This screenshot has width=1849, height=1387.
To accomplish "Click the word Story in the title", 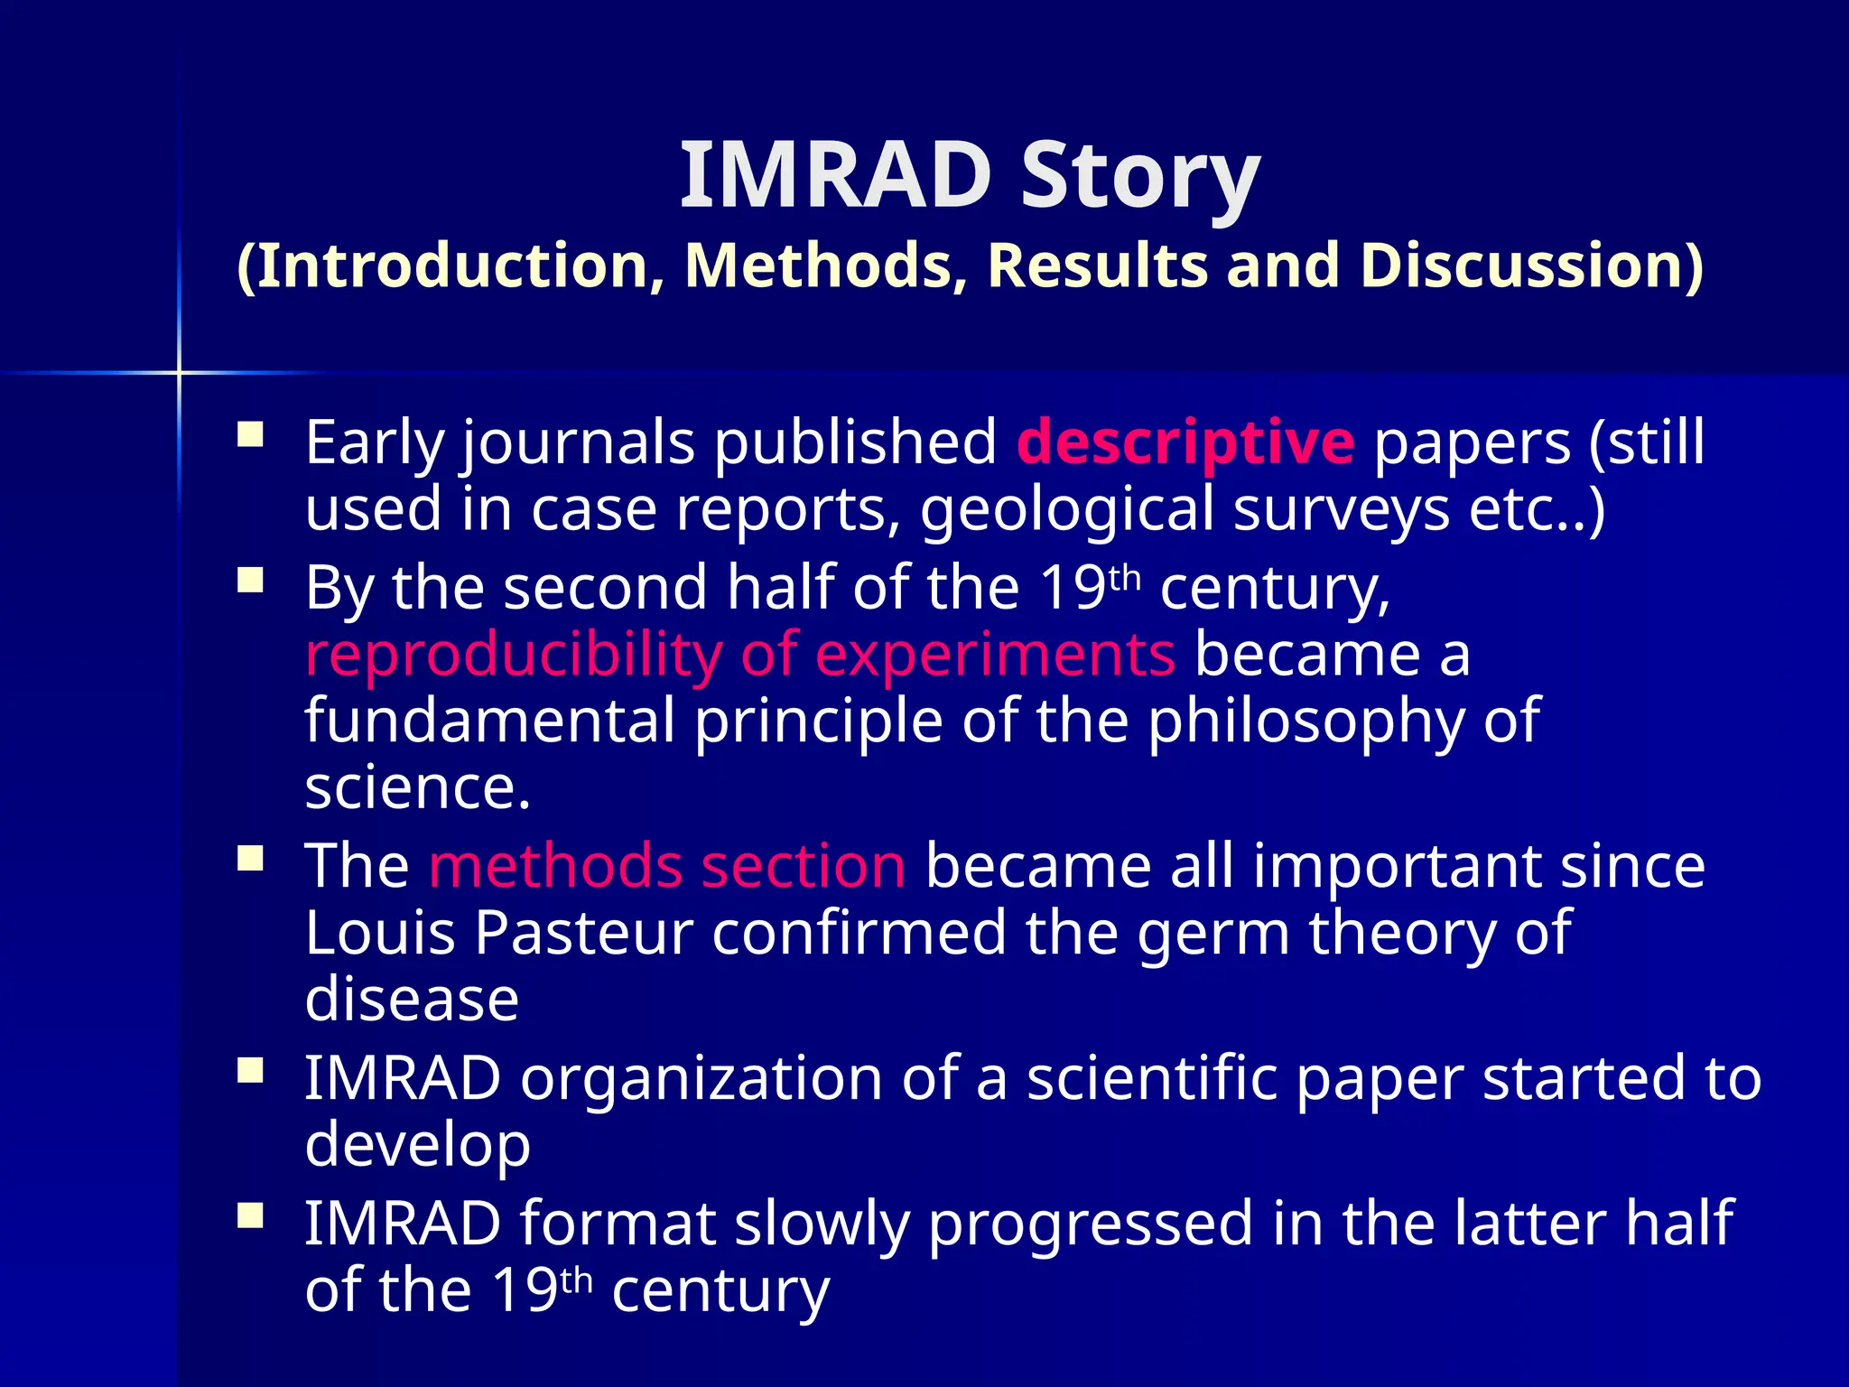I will click(x=1139, y=176).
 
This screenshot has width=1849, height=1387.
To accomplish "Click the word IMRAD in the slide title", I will click(x=835, y=176).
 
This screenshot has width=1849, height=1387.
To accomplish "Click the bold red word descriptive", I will click(x=1185, y=442).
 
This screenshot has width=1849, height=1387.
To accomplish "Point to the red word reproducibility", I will click(x=513, y=655).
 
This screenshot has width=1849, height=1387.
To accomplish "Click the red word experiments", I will click(x=995, y=655).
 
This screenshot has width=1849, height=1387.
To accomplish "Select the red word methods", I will click(x=553, y=866).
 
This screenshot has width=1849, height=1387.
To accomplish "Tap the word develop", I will click(x=417, y=1147).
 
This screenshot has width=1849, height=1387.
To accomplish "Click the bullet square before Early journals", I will click(x=250, y=436).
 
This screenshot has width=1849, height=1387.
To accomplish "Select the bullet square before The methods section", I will click(x=250, y=858).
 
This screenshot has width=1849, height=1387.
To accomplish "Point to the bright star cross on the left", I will click(x=179, y=372).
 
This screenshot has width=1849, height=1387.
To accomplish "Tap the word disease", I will click(x=412, y=1000).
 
